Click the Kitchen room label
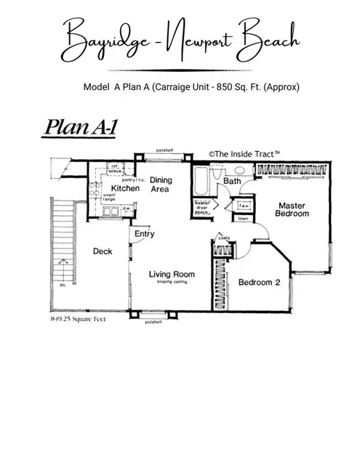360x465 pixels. click(x=125, y=189)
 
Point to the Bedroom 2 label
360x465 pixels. click(x=260, y=283)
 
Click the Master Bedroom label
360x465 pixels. click(x=292, y=210)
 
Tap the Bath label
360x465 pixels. click(x=232, y=180)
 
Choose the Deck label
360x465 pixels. click(x=102, y=251)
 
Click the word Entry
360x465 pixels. click(x=145, y=235)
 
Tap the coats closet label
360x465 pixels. click(x=223, y=236)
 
